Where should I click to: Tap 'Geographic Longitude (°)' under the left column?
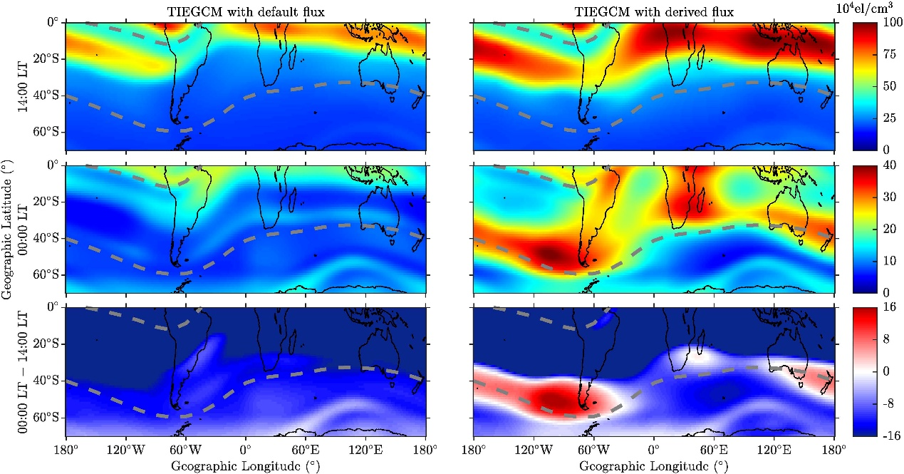[245, 465]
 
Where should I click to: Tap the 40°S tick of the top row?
[48, 96]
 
